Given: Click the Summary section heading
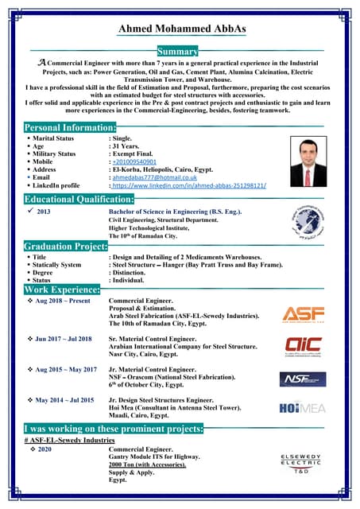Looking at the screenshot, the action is (x=183, y=51).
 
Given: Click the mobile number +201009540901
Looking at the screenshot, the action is (x=135, y=161).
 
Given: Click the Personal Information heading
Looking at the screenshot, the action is (x=71, y=127).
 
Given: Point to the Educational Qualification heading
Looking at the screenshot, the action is (x=79, y=199).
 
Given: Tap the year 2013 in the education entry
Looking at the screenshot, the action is (x=44, y=212).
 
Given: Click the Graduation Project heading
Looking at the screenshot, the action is (x=65, y=247).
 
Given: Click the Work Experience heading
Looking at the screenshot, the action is (x=62, y=290).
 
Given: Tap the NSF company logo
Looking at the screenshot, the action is (x=303, y=379).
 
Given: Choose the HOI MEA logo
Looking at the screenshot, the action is (x=303, y=407).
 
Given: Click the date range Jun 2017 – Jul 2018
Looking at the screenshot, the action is (x=64, y=339).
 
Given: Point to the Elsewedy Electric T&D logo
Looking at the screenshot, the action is (x=301, y=464).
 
